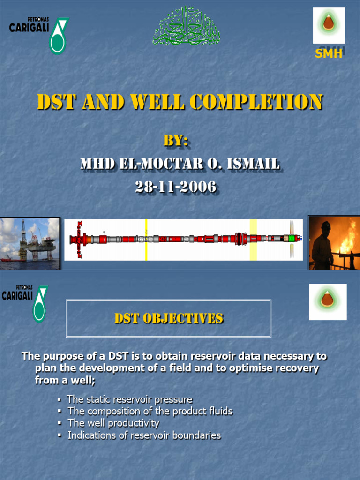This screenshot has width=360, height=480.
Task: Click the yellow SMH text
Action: [x=328, y=53]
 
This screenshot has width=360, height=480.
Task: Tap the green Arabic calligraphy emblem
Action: [x=186, y=26]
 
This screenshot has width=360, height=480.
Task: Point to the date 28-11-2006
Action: [x=176, y=187]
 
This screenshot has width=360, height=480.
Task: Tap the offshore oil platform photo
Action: [x=30, y=243]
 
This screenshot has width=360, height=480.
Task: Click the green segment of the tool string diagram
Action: [x=291, y=239]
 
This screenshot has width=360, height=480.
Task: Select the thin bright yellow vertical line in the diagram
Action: [x=146, y=240]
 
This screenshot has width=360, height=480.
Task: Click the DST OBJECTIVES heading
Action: [x=169, y=319]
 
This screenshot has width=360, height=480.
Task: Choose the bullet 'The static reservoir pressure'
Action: [x=129, y=399]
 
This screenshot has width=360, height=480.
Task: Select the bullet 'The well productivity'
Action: [x=113, y=423]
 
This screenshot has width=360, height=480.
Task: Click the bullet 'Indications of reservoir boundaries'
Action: [x=144, y=435]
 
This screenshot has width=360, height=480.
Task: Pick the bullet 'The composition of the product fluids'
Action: [x=150, y=411]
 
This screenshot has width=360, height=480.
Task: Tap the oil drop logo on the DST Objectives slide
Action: [x=328, y=301]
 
